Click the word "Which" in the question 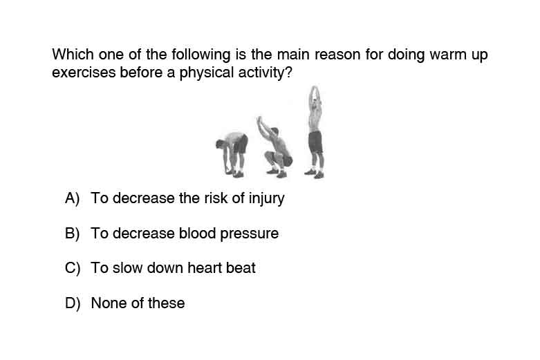[73, 55]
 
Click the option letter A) [73, 198]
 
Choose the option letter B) [73, 234]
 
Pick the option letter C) [73, 268]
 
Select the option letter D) [73, 303]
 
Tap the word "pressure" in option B [249, 234]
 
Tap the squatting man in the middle [274, 147]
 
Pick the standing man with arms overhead [315, 133]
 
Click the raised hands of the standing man [314, 90]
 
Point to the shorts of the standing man [315, 142]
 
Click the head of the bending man [220, 144]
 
